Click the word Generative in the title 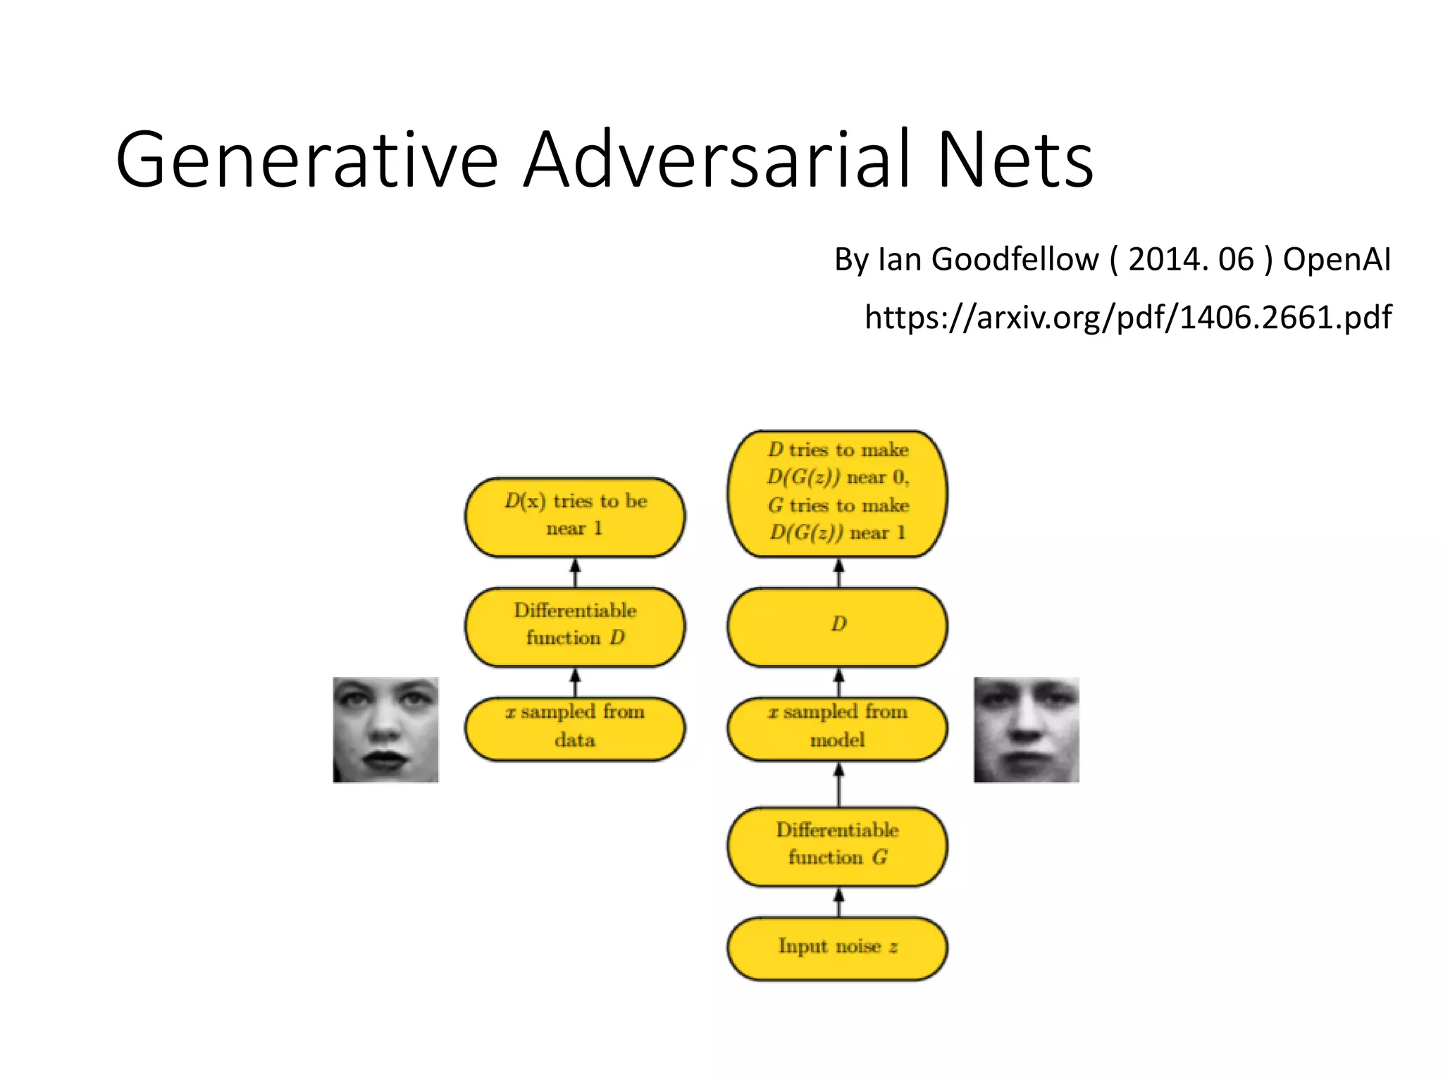306,160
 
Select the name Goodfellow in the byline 1015,259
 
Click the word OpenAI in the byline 1337,259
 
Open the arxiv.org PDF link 1127,317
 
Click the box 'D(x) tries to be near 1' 574,516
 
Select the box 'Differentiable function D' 574,626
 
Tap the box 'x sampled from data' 574,728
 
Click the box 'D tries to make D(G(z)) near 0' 837,493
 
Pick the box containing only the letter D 837,626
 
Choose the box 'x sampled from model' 837,728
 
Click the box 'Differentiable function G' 837,845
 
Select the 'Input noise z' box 837,947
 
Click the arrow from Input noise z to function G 838,902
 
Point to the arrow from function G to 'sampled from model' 838,784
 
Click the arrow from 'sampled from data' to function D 575,682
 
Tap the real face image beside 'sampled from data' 385,730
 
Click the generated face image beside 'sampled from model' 1026,730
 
